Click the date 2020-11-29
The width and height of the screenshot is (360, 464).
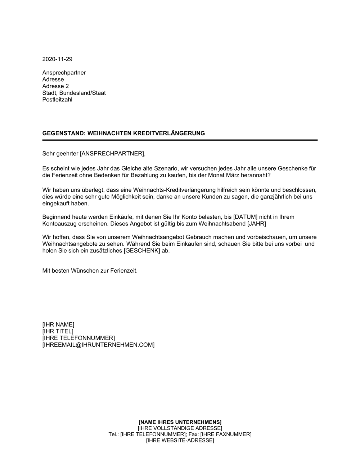(57, 59)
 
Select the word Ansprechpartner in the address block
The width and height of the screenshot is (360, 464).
(64, 73)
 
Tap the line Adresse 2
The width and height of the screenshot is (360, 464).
(55, 86)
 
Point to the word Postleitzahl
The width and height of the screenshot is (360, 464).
(57, 100)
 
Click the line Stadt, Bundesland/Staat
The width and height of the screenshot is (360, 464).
(74, 93)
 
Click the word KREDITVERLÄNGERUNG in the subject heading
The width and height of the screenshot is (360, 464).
(169, 133)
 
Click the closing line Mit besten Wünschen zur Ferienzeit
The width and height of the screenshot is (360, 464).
(90, 270)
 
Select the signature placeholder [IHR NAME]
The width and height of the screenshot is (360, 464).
(58, 324)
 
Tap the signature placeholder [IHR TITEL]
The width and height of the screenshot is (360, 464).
(58, 331)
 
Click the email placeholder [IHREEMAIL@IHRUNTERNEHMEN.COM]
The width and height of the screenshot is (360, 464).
(98, 345)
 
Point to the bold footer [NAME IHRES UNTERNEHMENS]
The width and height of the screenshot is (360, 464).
(180, 422)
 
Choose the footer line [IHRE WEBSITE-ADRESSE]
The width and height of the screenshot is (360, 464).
(180, 440)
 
